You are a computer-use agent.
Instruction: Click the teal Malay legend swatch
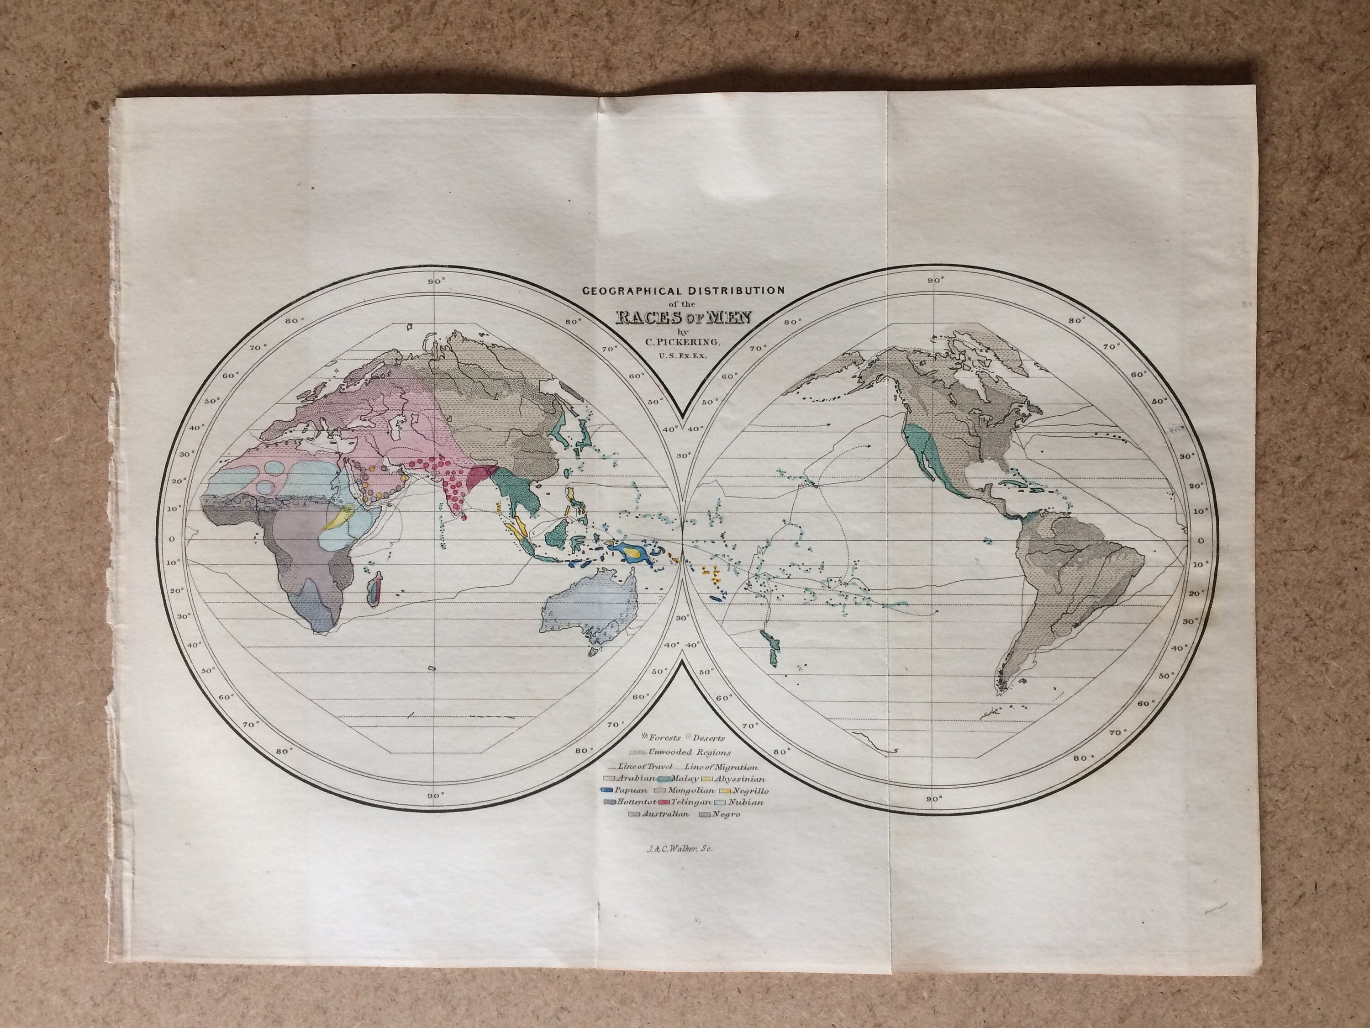click(x=664, y=779)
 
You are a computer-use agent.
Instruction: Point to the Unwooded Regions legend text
click(x=691, y=752)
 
